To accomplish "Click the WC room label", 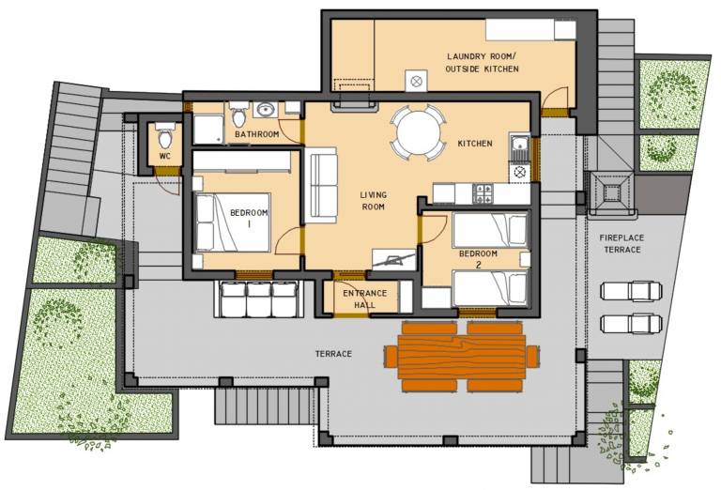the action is pos(164,156).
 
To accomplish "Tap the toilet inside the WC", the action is pos(164,134).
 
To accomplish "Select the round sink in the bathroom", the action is pos(266,110).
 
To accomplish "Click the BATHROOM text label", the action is pos(256,134).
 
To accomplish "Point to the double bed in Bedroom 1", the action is pos(233,222).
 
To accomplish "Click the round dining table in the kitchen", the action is pos(418,133).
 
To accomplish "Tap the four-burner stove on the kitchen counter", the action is pos(483,193).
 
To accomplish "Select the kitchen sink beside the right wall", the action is pos(519,145).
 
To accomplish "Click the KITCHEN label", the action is pos(475,144).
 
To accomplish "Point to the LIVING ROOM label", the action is pos(373,201).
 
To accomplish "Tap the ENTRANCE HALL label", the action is pos(364,299).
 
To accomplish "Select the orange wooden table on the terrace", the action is pos(461,357).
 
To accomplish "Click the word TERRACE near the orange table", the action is pos(333,354).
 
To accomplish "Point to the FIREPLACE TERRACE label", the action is pos(621,244).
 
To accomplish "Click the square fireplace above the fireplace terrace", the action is pos(612,193).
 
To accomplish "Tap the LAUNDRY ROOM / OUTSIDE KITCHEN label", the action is pos(482,63).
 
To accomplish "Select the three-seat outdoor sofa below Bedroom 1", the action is pos(258,299).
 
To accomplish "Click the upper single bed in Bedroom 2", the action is pos(490,229).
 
